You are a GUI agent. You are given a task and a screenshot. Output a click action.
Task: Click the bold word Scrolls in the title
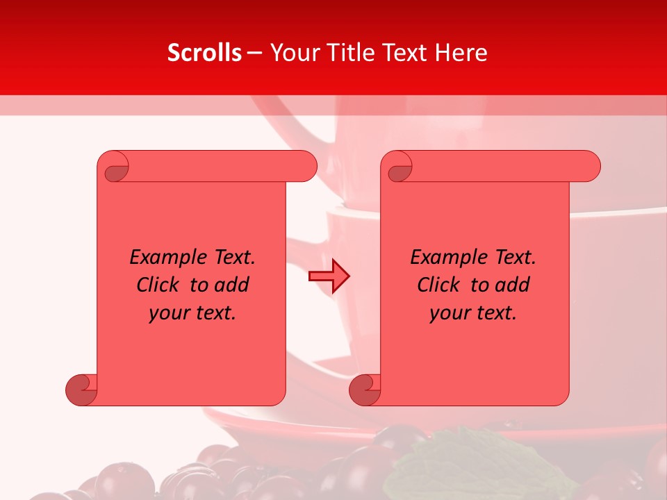[x=205, y=53]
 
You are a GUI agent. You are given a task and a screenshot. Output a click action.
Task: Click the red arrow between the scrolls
[x=329, y=276]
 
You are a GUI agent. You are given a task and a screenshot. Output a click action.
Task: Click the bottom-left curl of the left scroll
[x=82, y=390]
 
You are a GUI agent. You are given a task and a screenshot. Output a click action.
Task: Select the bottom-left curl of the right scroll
[x=365, y=390]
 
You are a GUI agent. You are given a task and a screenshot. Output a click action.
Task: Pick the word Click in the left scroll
[x=160, y=285]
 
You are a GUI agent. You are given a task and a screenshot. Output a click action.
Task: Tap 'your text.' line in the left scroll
[x=192, y=312]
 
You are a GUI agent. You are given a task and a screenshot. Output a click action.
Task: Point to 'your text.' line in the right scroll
[x=473, y=312]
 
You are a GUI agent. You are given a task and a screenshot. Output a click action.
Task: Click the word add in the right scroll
[x=510, y=285]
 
